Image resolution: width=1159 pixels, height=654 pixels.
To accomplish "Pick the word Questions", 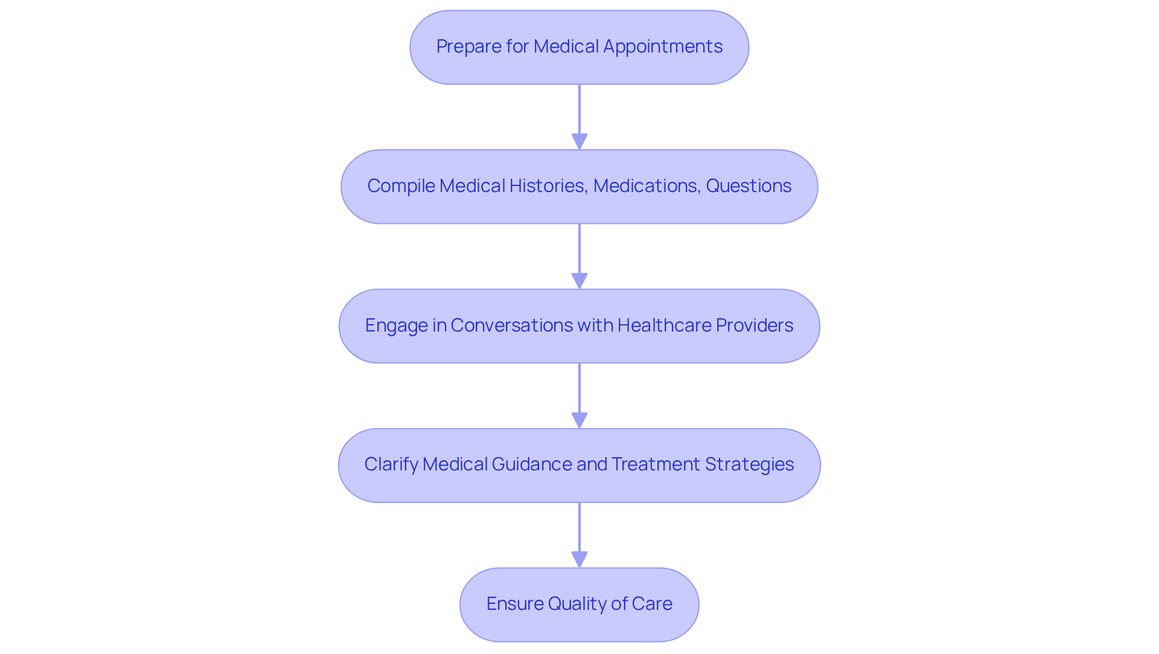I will point(749,186).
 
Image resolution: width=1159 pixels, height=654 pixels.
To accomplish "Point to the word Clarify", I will point(391,464).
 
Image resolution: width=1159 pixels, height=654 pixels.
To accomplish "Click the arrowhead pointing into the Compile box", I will point(579,141).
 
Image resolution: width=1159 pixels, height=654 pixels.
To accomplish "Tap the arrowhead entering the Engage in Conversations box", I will point(579,281).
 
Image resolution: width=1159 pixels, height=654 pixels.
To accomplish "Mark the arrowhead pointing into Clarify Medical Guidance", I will point(579,420).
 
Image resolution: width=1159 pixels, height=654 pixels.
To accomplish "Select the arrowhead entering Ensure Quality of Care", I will point(579,559).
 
